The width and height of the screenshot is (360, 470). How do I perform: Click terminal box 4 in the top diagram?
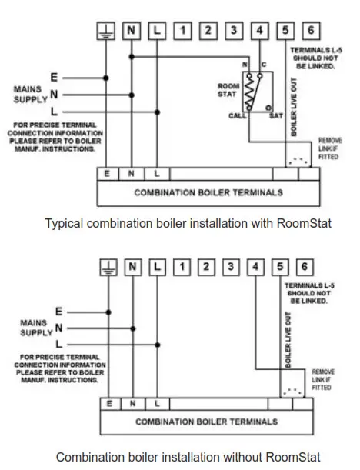pyautogui.click(x=262, y=32)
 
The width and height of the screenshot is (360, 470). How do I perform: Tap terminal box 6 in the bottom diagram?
pyautogui.click(x=305, y=267)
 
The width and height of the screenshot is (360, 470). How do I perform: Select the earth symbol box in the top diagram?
pyautogui.click(x=107, y=32)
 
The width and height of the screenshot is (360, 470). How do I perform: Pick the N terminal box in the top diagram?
pyautogui.click(x=132, y=32)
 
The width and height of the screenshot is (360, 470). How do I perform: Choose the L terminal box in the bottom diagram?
pyautogui.click(x=158, y=267)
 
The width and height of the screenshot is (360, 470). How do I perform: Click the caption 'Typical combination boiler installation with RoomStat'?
pyautogui.click(x=187, y=224)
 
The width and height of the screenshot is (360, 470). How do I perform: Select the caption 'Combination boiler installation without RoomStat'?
pyautogui.click(x=188, y=456)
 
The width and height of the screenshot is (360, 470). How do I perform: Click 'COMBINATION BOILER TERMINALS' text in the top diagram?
pyautogui.click(x=208, y=192)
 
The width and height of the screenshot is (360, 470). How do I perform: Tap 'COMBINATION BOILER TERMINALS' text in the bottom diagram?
pyautogui.click(x=207, y=422)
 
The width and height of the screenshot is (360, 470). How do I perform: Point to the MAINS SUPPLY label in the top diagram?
pyautogui.click(x=32, y=95)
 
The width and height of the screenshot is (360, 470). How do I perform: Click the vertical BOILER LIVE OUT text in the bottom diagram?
pyautogui.click(x=288, y=339)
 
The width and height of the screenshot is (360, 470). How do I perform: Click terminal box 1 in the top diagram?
pyautogui.click(x=183, y=32)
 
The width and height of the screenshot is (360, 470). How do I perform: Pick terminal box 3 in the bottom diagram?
pyautogui.click(x=232, y=267)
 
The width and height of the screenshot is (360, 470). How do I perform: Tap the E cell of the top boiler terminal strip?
pyautogui.click(x=108, y=174)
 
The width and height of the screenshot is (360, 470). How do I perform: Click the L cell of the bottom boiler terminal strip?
pyautogui.click(x=157, y=403)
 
